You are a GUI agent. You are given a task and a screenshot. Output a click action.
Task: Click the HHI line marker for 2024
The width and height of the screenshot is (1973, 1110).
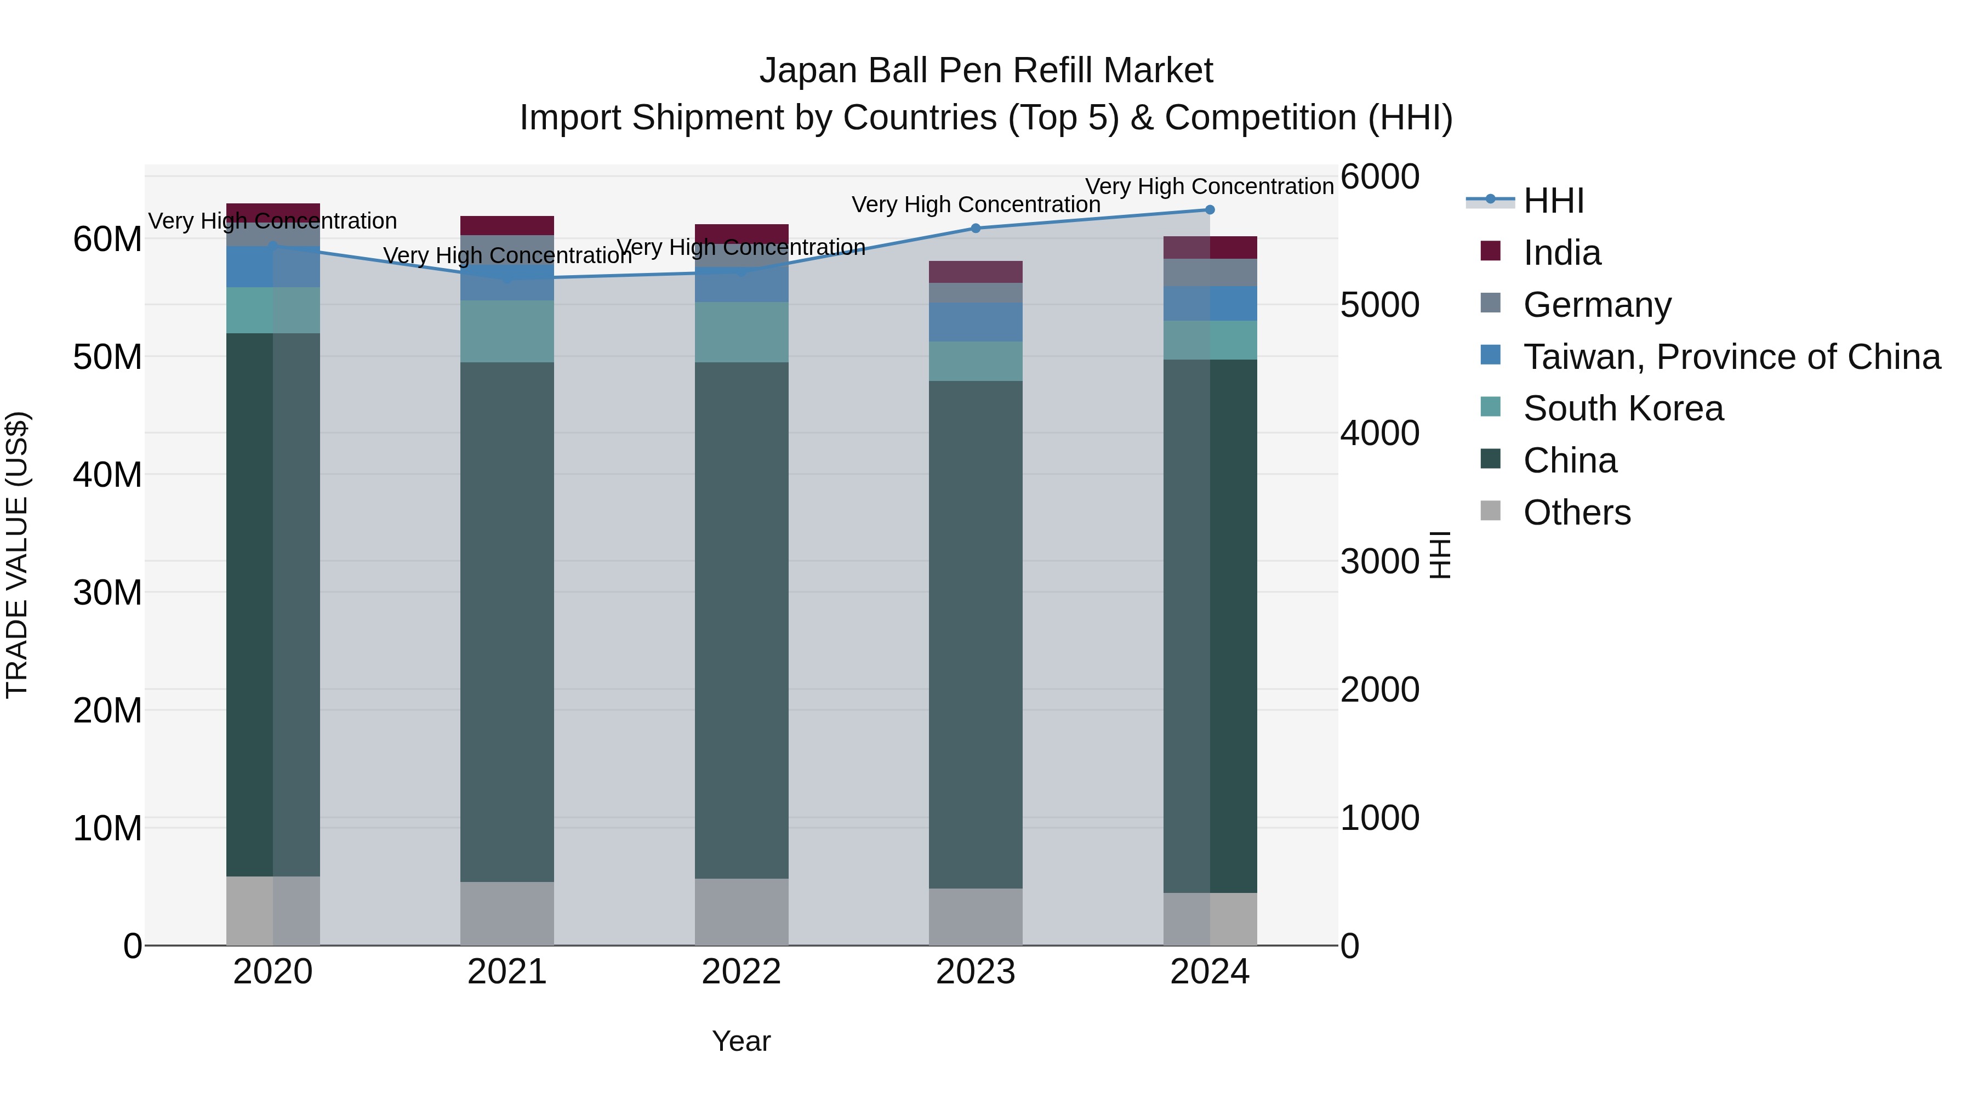pyautogui.click(x=1210, y=209)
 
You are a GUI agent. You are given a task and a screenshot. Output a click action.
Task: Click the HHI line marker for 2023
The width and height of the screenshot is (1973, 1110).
pyautogui.click(x=975, y=227)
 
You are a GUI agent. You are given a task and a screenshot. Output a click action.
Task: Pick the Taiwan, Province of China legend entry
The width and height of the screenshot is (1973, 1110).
pyautogui.click(x=1731, y=357)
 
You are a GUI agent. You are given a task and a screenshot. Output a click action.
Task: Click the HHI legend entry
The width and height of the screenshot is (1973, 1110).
pyautogui.click(x=1553, y=201)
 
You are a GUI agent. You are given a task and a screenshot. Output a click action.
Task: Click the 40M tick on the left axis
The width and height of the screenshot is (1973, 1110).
pyautogui.click(x=107, y=475)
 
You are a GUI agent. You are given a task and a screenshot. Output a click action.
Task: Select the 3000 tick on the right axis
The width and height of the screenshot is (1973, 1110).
pyautogui.click(x=1379, y=561)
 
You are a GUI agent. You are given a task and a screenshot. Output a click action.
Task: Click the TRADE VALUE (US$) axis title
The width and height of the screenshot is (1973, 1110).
pyautogui.click(x=17, y=555)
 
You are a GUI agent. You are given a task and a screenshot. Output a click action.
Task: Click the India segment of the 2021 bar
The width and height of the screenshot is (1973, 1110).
pyautogui.click(x=506, y=225)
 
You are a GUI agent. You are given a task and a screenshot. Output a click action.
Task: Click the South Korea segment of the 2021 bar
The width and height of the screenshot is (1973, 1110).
pyautogui.click(x=506, y=331)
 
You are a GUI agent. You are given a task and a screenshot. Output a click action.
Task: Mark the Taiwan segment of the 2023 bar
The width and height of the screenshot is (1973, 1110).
pyautogui.click(x=975, y=322)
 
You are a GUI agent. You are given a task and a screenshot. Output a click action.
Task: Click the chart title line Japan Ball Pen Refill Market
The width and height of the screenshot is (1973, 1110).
pyautogui.click(x=986, y=71)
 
